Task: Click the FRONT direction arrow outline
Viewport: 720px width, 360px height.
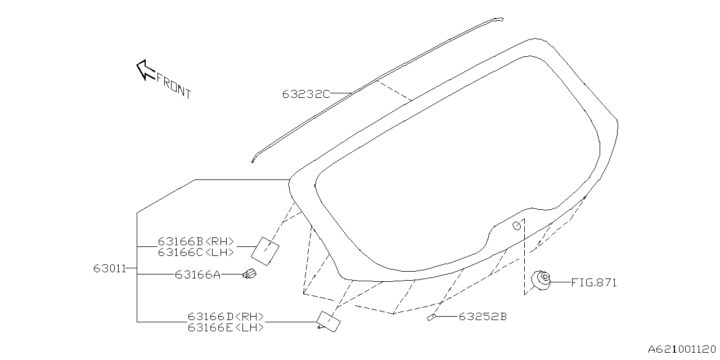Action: point(145,70)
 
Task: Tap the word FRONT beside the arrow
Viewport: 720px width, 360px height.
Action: point(174,85)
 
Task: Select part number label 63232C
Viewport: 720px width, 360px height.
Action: point(306,94)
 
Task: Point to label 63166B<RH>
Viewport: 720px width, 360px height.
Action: point(196,242)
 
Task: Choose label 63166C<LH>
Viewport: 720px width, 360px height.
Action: point(196,253)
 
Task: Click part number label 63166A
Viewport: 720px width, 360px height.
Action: point(197,274)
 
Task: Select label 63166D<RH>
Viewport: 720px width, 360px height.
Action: point(226,317)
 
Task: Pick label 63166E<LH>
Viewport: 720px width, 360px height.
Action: point(226,327)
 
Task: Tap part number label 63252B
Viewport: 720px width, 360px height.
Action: point(483,317)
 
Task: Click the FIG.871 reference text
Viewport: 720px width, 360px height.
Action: point(594,282)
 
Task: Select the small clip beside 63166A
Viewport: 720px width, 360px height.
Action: point(249,274)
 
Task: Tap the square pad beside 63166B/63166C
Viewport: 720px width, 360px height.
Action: point(265,250)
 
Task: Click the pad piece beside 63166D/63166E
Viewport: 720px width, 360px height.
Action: point(328,321)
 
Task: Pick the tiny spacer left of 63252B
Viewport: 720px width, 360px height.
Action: point(431,317)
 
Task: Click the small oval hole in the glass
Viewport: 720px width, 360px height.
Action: point(516,226)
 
